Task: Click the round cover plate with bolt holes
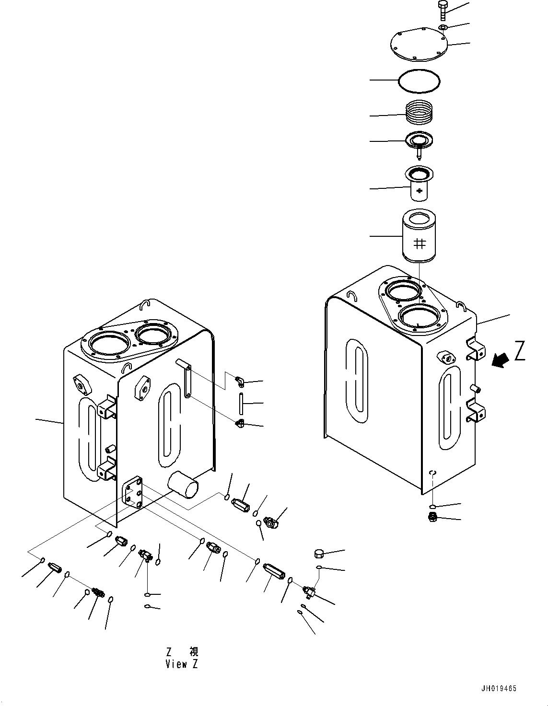[418, 46]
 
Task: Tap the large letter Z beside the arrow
[520, 350]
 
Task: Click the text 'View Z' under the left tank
[181, 664]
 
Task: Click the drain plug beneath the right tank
[432, 517]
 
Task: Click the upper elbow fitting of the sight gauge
[239, 381]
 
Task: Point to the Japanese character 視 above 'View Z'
[193, 652]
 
